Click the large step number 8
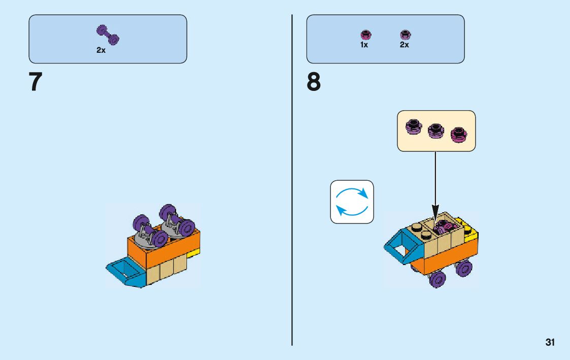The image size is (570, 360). tap(314, 82)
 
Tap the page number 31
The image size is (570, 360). tap(550, 342)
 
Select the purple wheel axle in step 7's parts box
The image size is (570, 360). tap(108, 34)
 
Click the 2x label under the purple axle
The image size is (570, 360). tap(101, 51)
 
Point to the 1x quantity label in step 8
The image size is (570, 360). tap(364, 45)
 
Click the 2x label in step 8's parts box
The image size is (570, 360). tap(404, 45)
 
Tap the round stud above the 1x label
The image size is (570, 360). tap(364, 35)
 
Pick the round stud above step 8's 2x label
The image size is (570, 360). tap(405, 35)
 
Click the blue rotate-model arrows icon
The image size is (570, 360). tap(352, 202)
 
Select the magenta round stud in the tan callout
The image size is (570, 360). tap(459, 133)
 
